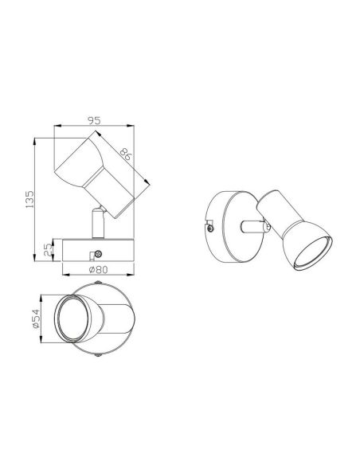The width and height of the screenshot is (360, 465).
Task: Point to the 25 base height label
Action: (46, 250)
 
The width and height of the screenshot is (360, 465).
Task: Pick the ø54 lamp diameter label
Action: (35, 320)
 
